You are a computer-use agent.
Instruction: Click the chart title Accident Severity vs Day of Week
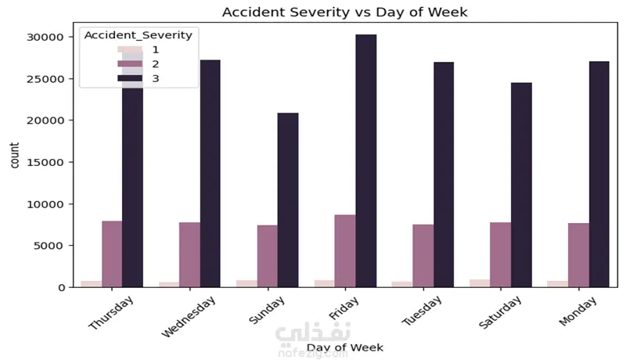[x=345, y=13]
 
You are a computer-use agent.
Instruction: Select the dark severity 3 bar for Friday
[x=366, y=160]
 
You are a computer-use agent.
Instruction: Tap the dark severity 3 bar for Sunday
[x=288, y=200]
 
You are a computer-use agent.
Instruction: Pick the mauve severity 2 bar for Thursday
[x=112, y=254]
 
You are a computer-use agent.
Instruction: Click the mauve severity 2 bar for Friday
[x=345, y=250]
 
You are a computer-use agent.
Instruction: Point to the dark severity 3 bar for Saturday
[x=521, y=185]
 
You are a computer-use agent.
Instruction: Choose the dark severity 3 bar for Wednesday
[x=210, y=173]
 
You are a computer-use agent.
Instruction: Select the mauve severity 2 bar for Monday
[x=578, y=255]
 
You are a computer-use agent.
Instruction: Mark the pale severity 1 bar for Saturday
[x=480, y=283]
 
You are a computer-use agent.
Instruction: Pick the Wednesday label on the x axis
[x=190, y=317]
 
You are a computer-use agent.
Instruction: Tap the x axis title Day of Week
[x=344, y=346]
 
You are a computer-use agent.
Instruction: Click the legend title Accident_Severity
[x=138, y=34]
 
